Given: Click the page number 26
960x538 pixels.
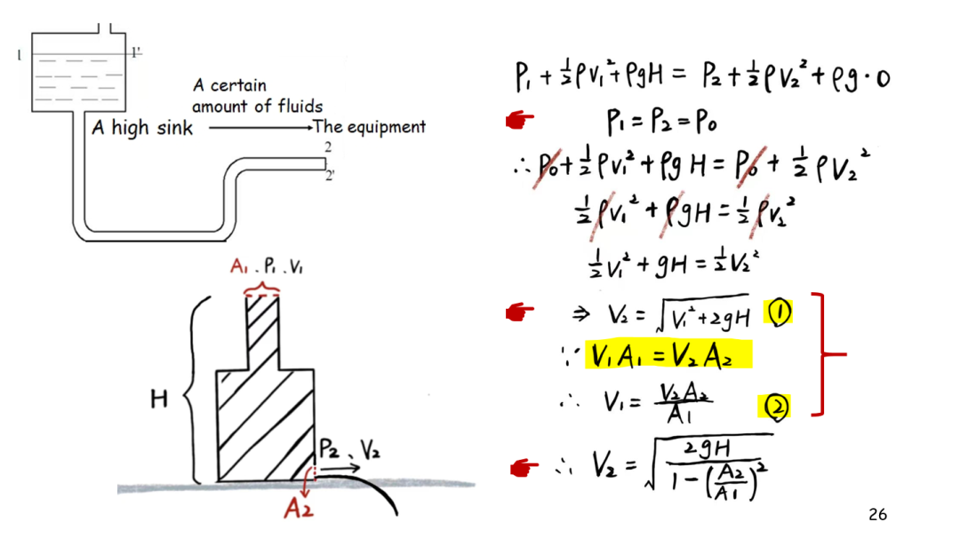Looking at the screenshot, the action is (877, 515).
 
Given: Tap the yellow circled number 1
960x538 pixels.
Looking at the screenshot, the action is (779, 313).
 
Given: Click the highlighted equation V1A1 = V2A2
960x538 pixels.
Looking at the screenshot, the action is (668, 355).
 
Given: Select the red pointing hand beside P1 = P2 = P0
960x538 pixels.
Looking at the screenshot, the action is (520, 120).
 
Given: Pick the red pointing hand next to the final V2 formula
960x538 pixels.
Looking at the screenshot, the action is (524, 468).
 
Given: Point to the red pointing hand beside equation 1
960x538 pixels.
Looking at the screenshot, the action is (520, 313).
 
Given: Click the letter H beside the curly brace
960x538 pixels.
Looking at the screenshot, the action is (159, 400).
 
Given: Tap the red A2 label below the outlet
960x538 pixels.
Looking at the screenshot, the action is (299, 508).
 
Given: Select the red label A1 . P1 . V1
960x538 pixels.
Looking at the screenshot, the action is (267, 266).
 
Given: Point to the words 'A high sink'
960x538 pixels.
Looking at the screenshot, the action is (142, 128).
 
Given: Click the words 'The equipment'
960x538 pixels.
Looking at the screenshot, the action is (369, 127).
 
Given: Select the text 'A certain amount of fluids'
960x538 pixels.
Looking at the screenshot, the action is (257, 95).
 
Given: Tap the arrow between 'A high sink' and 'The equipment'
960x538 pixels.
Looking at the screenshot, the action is (260, 128).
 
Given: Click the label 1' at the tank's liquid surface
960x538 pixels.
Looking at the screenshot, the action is (135, 52).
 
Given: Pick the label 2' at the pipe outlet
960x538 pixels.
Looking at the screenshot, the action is (330, 176).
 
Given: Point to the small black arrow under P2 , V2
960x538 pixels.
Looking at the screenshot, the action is (340, 468).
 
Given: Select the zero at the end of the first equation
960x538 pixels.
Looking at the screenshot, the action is (883, 78).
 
